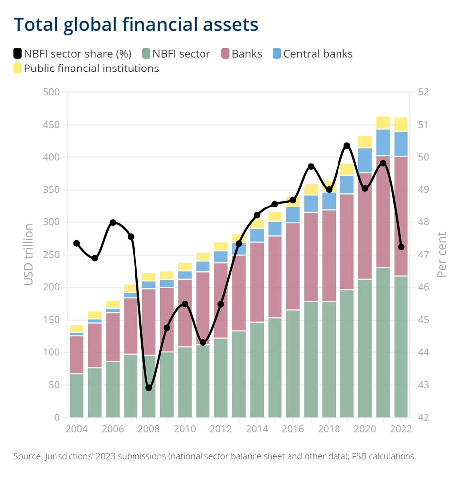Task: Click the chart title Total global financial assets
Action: (135, 24)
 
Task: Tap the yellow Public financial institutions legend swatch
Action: (18, 69)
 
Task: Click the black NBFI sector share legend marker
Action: (18, 53)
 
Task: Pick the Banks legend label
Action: (247, 54)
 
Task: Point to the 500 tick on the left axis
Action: (51, 92)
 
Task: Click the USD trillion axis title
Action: (29, 255)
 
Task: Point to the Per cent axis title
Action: (442, 255)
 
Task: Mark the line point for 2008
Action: (149, 388)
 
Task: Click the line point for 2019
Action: (347, 146)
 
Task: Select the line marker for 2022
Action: (401, 247)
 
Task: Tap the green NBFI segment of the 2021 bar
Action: (383, 343)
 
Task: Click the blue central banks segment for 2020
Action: (365, 160)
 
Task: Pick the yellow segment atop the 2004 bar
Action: (76, 328)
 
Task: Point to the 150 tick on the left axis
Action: (51, 320)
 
